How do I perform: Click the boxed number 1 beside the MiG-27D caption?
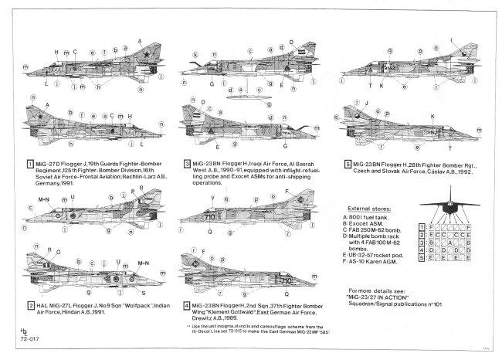coord(29,164)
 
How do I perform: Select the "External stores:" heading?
coord(369,209)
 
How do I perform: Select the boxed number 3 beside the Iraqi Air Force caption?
coord(187,164)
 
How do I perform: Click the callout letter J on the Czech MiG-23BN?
coord(367,102)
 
